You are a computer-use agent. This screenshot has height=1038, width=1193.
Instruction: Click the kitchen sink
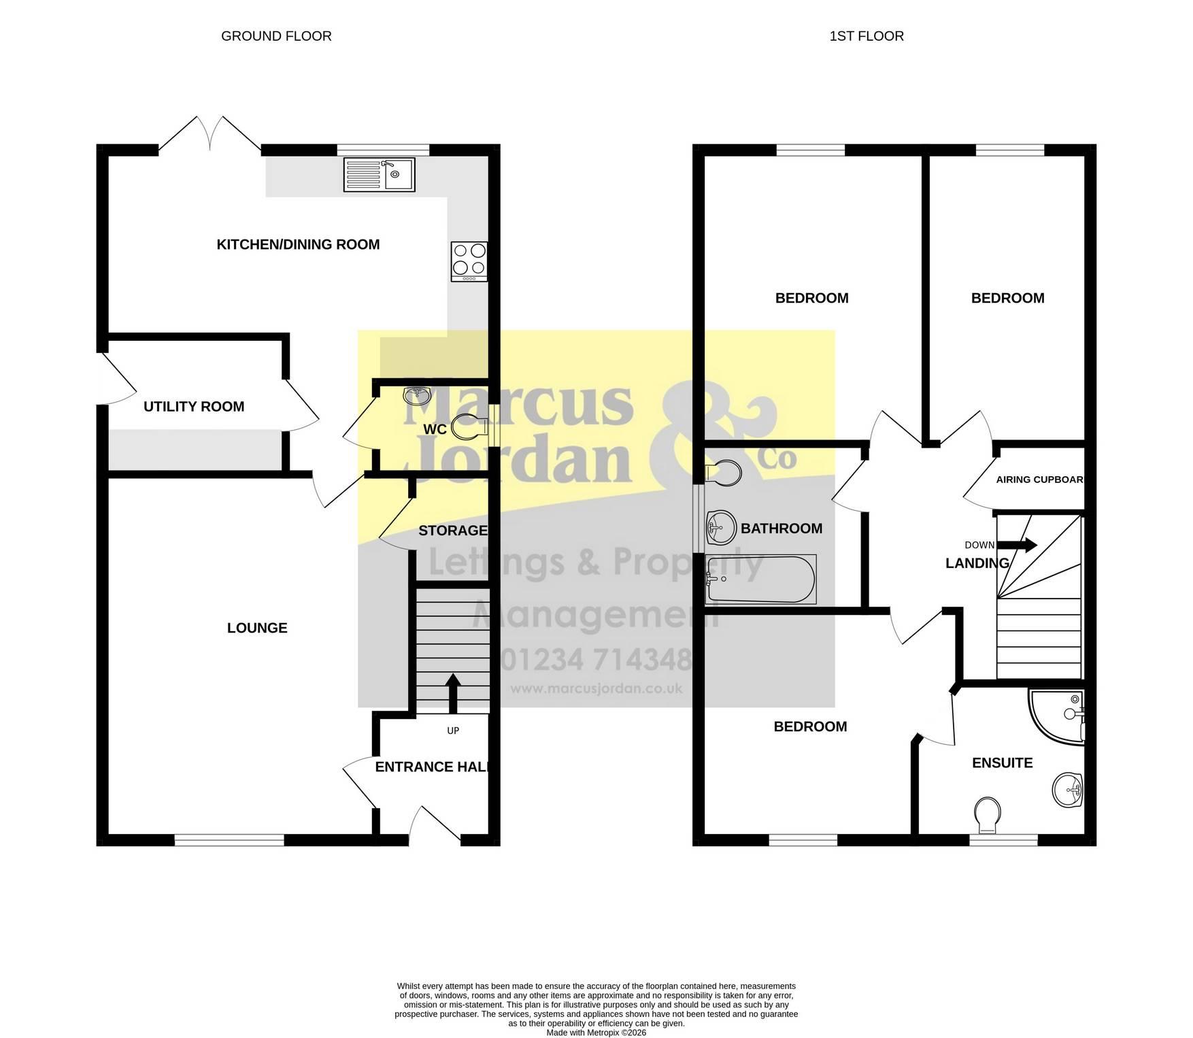click(x=379, y=174)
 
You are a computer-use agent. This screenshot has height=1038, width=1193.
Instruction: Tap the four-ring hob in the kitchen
click(x=469, y=262)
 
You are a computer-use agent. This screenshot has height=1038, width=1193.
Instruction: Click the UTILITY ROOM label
click(x=194, y=407)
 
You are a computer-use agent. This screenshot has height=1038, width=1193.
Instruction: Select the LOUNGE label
click(x=257, y=628)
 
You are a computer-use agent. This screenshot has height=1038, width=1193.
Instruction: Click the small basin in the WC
click(x=417, y=395)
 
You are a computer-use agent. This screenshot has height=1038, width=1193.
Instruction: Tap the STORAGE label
click(x=453, y=531)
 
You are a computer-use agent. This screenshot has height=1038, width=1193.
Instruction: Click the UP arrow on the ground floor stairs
click(x=452, y=694)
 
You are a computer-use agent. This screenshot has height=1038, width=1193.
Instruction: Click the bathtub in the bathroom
click(x=761, y=580)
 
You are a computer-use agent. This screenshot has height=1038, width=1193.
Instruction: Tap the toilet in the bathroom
click(x=723, y=472)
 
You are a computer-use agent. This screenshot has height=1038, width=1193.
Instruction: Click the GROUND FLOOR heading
click(x=276, y=36)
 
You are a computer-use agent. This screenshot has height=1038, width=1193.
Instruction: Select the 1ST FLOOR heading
click(x=867, y=36)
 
